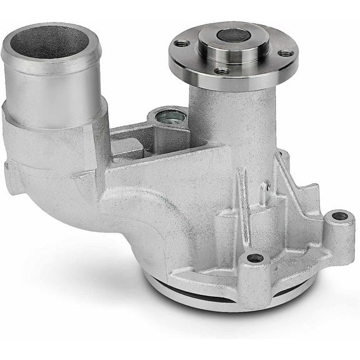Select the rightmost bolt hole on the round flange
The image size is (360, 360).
tap(286, 54)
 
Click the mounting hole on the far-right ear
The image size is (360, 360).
tap(339, 216)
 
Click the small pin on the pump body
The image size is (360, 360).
tap(267, 185)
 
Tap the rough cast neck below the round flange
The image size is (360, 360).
tap(225, 119)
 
